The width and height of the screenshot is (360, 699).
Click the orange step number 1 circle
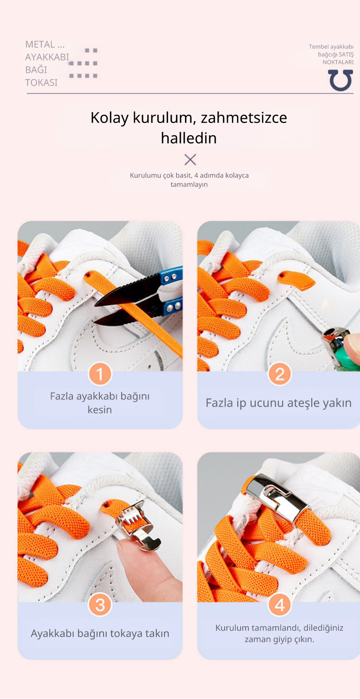(x=100, y=374)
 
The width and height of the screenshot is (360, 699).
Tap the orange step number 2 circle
(x=279, y=374)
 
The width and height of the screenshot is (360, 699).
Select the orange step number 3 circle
(x=100, y=605)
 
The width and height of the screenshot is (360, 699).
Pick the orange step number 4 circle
(x=279, y=605)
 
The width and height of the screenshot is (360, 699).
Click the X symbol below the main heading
(x=190, y=159)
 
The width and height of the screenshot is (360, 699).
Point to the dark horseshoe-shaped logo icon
(x=341, y=80)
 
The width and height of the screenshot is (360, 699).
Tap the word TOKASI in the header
(x=41, y=82)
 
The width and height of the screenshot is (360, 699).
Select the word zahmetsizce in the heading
(x=243, y=117)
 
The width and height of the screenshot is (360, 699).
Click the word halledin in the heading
(x=189, y=138)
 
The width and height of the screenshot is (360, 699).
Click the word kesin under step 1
(x=100, y=410)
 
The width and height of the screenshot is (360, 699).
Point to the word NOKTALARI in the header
(x=338, y=62)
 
